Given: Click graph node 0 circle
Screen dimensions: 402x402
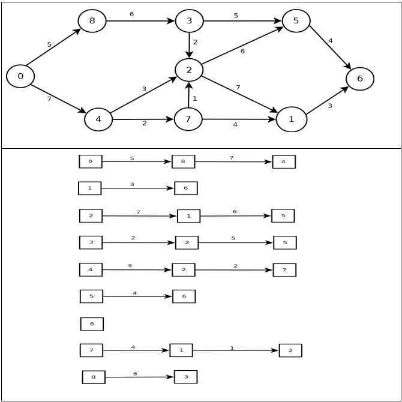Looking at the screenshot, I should pos(20,76).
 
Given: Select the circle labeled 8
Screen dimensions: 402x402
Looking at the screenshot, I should pos(92,21).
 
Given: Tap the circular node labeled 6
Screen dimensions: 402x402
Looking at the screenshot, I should pos(360,79).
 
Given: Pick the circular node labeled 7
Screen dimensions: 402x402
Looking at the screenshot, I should pos(188,119).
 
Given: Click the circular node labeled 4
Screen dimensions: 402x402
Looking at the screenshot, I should pos(98,119).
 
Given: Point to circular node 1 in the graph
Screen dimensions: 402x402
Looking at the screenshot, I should pos(292,119).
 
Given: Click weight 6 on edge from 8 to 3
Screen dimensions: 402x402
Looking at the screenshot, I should pos(131,14).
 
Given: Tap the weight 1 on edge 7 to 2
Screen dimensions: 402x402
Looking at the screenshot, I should pos(194,98).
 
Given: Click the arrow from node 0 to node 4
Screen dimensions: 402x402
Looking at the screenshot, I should pos(58,98).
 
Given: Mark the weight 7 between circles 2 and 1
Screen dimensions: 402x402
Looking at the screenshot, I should pos(238,88).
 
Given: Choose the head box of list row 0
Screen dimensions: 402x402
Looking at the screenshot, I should pos(91,161).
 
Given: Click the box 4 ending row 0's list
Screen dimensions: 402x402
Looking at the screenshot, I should pos(284,162).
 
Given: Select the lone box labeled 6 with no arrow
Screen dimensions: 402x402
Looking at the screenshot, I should pos(92,324).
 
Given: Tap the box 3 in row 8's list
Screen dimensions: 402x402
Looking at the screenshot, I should pos(185,377).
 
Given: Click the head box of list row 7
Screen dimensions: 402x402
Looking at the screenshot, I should pos(91,350).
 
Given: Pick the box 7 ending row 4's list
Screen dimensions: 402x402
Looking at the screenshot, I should pos(284,270).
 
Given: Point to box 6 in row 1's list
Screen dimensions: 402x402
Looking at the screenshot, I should pos(186,188).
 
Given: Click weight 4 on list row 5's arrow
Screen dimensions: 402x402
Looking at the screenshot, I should pos(134,293).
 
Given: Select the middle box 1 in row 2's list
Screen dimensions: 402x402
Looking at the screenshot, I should pos(188,216).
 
